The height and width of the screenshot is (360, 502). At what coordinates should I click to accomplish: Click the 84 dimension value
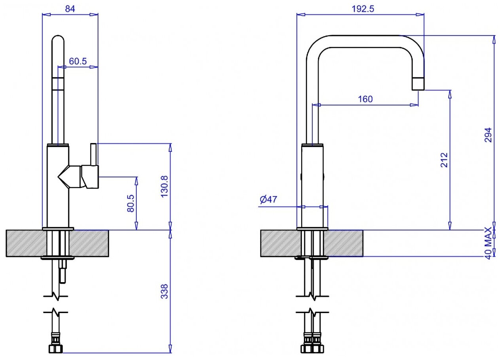tap(70, 8)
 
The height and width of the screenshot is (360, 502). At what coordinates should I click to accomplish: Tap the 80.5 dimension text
tap(130, 203)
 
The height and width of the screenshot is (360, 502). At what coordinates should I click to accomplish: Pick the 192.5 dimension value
tap(362, 9)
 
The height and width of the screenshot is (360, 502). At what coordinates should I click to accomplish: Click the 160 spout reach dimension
tap(365, 99)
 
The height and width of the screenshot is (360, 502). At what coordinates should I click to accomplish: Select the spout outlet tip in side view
tap(418, 84)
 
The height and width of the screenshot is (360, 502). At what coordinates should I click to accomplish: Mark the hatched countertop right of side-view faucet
tap(343, 243)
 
